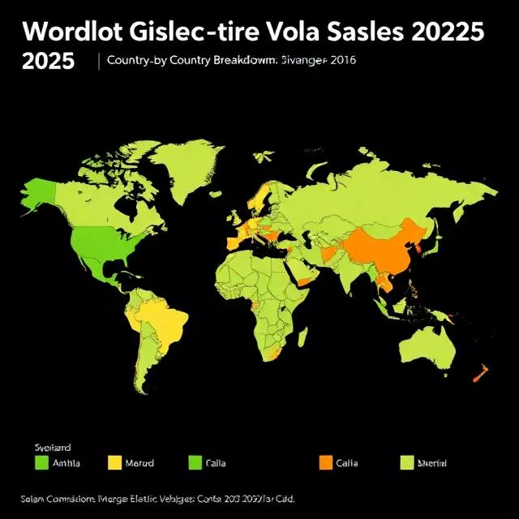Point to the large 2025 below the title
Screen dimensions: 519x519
pyautogui.click(x=48, y=62)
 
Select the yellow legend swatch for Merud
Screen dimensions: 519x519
pyautogui.click(x=114, y=463)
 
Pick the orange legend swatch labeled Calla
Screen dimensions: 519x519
pyautogui.click(x=326, y=463)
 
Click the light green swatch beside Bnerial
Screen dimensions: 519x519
pyautogui.click(x=408, y=463)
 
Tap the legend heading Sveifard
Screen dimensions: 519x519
pyautogui.click(x=54, y=447)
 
